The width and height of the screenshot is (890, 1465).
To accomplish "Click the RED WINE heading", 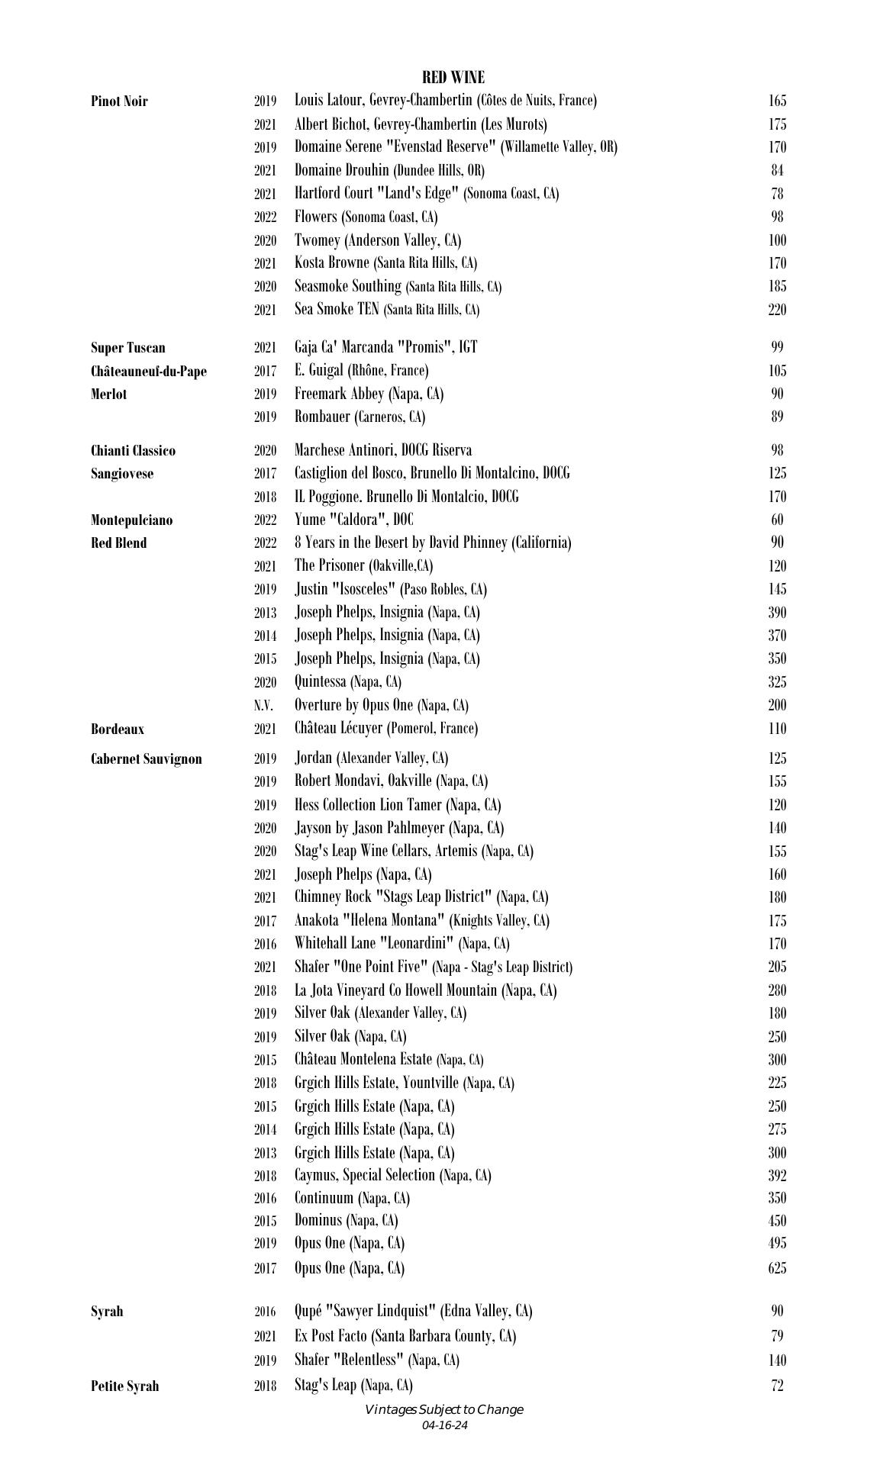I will coord(453,77).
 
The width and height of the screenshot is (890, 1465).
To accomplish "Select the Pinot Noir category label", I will coord(119,101).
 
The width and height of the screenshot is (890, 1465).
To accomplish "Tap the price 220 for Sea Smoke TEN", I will coord(777,310).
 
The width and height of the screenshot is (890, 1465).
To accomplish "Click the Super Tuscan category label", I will coord(127,348).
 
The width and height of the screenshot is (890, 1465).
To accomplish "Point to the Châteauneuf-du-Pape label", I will coord(148,372).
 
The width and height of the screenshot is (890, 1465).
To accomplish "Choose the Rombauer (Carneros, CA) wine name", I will coord(360,417).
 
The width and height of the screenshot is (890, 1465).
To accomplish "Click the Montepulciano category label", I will coord(131,520).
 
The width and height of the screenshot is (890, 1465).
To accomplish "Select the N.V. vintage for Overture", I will coord(264,706).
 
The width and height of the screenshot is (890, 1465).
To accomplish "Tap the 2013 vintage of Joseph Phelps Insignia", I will coord(265,613).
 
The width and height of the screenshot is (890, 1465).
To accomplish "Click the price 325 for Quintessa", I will coord(777,682).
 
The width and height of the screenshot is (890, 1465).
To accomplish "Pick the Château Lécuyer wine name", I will coord(386,728).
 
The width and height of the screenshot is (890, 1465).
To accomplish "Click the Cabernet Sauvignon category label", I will coord(147,759).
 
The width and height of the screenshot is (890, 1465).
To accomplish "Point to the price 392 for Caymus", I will coord(777,1176).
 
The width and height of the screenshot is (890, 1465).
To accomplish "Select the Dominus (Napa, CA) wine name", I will coord(347,1221).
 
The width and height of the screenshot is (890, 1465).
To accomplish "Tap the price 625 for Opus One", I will coord(777,1268).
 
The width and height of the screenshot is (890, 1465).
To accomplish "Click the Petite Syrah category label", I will coord(124,1386).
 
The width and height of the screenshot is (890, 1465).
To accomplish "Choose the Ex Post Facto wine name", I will coord(405,1336).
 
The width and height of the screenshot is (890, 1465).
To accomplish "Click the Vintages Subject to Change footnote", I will coord(444,1409).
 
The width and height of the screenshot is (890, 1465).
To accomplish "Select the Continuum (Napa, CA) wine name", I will coord(352,1198).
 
